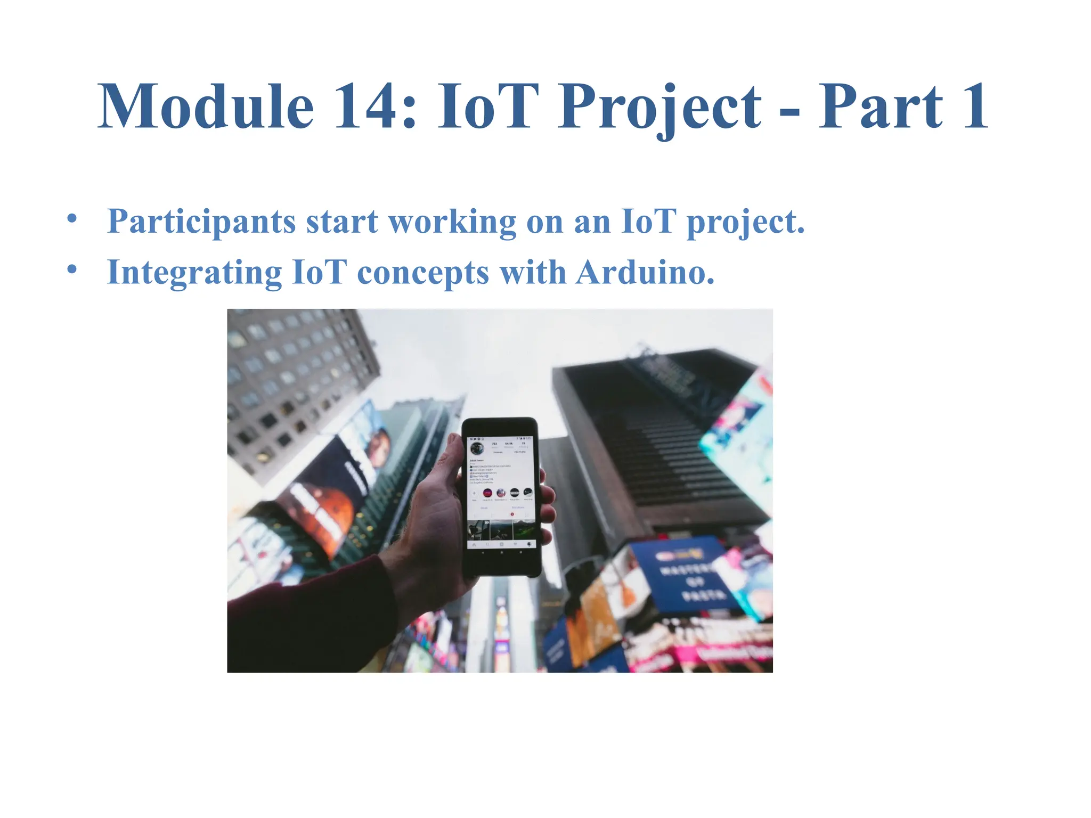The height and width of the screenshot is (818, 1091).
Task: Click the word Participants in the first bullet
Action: pyautogui.click(x=201, y=222)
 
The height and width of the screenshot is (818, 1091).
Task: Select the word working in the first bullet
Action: pyautogui.click(x=452, y=222)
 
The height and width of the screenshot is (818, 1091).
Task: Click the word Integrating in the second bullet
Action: pyautogui.click(x=194, y=273)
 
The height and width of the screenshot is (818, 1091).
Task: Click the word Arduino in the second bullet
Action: pyautogui.click(x=645, y=273)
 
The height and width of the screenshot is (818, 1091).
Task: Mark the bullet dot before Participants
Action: pyautogui.click(x=72, y=219)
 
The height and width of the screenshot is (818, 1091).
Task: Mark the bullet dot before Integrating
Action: pyautogui.click(x=72, y=269)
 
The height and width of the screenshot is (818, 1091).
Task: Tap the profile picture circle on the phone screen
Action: pyautogui.click(x=477, y=448)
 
